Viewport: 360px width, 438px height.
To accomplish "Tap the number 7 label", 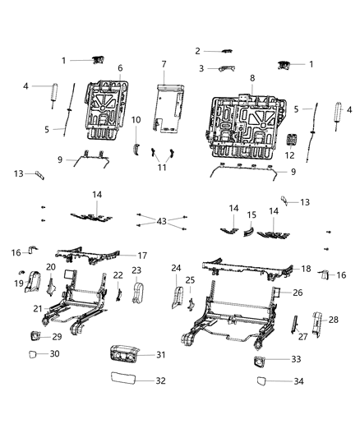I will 163,64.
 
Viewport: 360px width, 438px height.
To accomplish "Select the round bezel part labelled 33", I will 263,360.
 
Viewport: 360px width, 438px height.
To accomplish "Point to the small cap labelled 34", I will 261,380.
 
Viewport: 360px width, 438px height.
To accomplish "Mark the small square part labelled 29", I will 36,335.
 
